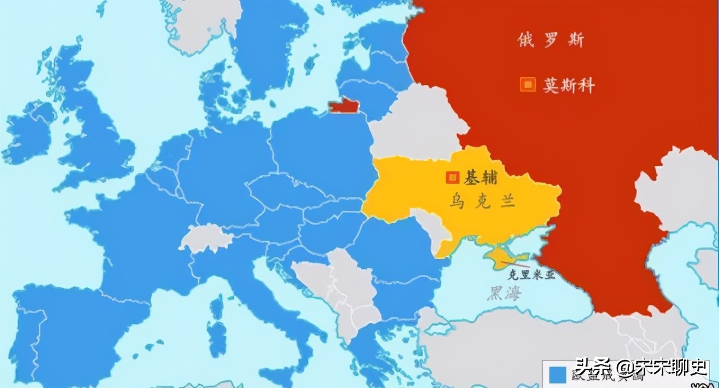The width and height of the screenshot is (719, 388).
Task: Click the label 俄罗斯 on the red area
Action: click(x=550, y=40)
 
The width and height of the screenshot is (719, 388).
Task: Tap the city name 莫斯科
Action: click(x=568, y=85)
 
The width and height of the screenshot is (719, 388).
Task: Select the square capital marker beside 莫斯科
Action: click(x=527, y=85)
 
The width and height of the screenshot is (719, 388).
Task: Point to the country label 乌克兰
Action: click(x=481, y=202)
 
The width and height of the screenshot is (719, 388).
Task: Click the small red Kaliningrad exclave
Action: click(x=344, y=106)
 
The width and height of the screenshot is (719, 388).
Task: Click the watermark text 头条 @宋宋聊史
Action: click(x=640, y=368)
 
